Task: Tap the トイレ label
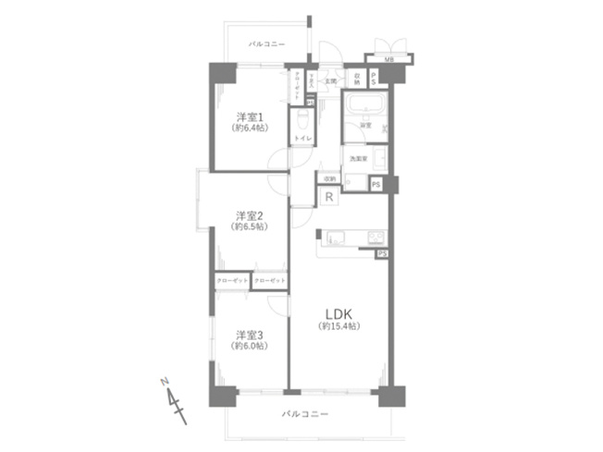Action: click(302, 138)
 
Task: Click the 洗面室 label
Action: click(358, 159)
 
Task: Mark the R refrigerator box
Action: click(328, 196)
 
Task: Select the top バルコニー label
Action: click(268, 43)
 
